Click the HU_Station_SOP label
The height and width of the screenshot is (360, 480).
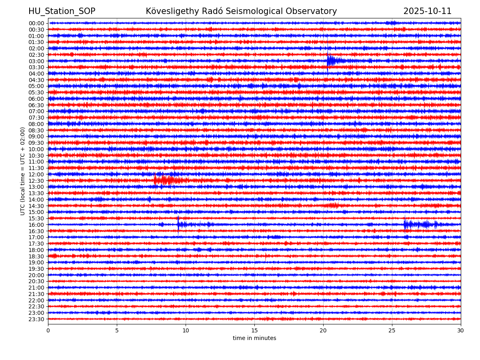tap(62, 12)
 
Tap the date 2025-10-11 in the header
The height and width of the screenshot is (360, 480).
tap(427, 12)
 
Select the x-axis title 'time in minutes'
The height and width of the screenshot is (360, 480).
tap(254, 338)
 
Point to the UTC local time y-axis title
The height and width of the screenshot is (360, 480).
tap(23, 171)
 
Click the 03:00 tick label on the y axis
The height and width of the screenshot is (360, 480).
tap(36, 61)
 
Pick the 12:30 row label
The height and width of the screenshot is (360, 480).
tap(36, 181)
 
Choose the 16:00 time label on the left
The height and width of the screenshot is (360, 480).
tap(36, 225)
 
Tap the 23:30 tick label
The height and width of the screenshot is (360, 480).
tap(36, 319)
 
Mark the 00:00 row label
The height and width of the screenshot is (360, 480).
tap(36, 23)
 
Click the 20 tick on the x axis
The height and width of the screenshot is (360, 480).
tap(323, 330)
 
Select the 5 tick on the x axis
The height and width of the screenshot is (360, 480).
tap(117, 330)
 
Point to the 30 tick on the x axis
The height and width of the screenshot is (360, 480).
tap(461, 330)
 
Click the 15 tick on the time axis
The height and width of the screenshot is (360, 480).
tap(254, 330)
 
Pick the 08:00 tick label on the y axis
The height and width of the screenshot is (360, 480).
tap(36, 124)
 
